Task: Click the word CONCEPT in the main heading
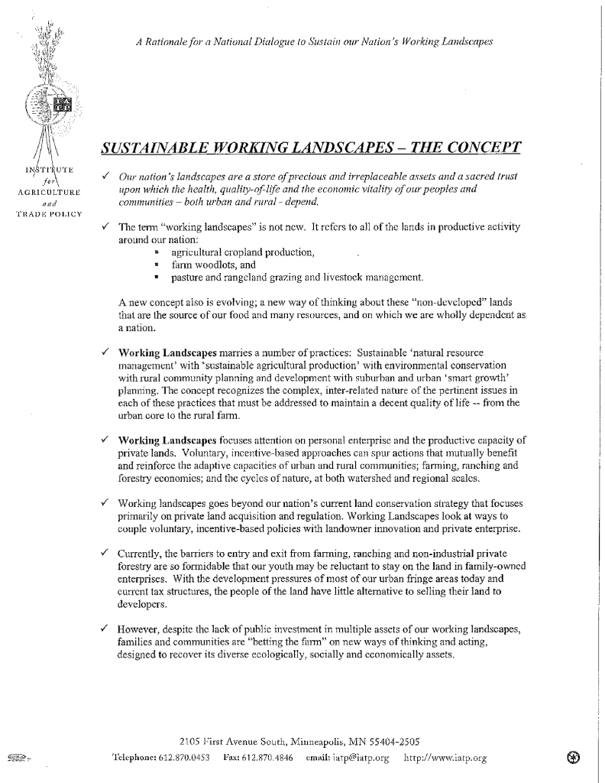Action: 476,145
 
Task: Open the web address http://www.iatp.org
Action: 444,759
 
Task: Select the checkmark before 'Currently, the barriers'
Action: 104,551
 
